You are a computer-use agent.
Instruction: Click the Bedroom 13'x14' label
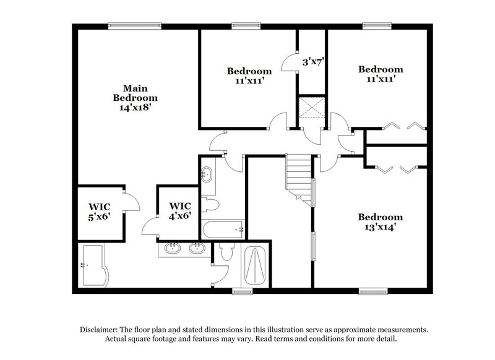[x=381, y=222]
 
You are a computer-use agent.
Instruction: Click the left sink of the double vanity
[x=173, y=248]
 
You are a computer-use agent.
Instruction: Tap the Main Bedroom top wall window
[x=127, y=25]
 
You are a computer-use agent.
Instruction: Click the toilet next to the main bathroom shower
[x=225, y=252]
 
